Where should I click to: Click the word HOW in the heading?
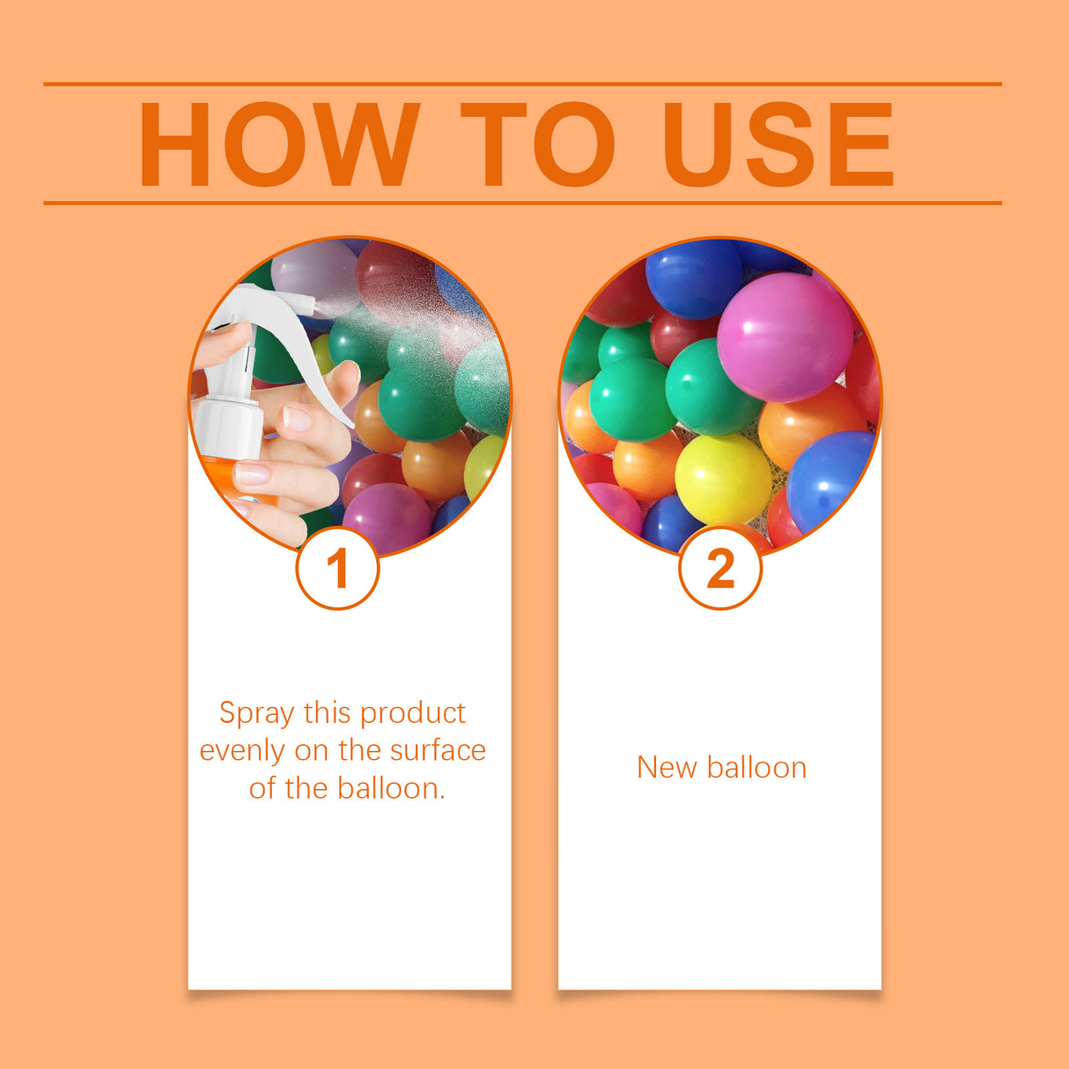click(x=277, y=144)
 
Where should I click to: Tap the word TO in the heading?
click(x=536, y=144)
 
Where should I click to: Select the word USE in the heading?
click(x=778, y=144)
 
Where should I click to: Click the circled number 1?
click(x=337, y=568)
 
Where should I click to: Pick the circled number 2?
click(x=720, y=568)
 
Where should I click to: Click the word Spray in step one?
click(x=256, y=712)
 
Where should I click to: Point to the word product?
click(x=413, y=712)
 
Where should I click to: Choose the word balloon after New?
click(x=756, y=768)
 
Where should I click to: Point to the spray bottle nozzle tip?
click(x=309, y=304)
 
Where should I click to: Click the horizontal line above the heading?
click(x=522, y=85)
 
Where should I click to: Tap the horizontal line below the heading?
click(x=522, y=203)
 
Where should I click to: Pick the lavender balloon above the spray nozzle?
click(x=313, y=269)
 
